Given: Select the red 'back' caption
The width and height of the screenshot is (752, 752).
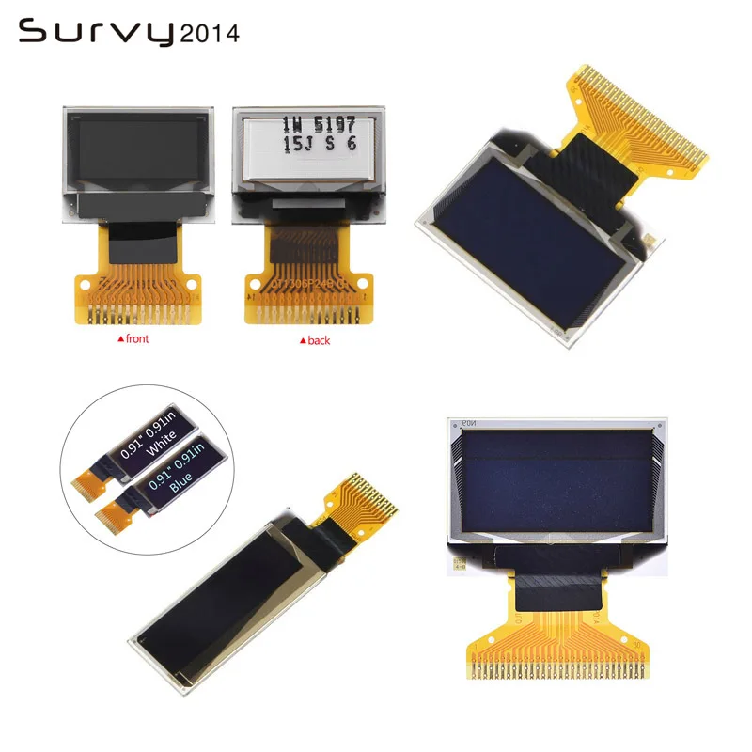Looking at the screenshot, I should (315, 340).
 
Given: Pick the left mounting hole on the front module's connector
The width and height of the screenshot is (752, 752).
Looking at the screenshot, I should (85, 282).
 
